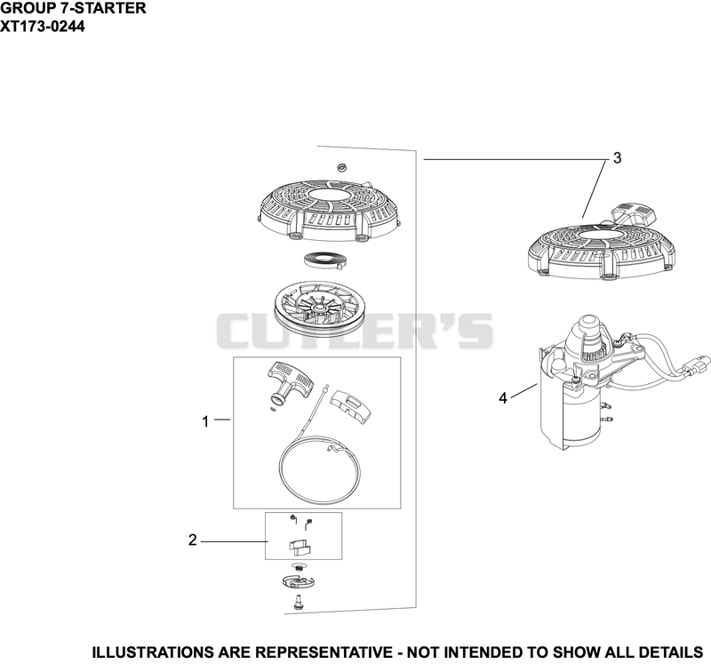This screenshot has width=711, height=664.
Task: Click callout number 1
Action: [x=205, y=421]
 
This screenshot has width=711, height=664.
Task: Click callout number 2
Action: [x=193, y=540]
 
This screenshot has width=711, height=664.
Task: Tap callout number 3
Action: [x=617, y=158]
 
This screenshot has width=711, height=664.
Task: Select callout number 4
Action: [x=502, y=398]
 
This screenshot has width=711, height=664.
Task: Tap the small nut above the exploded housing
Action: [x=341, y=168]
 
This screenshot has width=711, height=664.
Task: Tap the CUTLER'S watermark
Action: [x=355, y=331]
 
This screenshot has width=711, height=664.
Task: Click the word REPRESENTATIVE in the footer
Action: [x=324, y=652]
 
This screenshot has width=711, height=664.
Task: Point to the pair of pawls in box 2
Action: [x=300, y=547]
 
